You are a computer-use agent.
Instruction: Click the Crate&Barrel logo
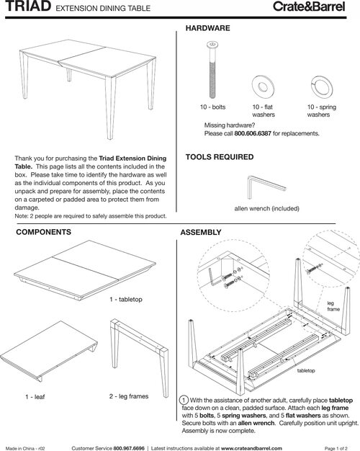(309, 6)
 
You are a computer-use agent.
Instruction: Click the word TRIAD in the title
(28, 6)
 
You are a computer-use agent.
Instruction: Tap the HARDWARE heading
(207, 28)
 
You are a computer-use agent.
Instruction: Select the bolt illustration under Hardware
(212, 70)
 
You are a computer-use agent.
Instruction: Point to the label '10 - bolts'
(213, 107)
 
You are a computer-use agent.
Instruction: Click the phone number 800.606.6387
(253, 133)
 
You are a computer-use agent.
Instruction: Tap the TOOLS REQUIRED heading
(220, 157)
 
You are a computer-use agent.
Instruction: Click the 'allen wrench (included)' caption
(267, 208)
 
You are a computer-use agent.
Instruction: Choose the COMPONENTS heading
(43, 232)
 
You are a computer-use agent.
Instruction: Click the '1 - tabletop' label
(126, 300)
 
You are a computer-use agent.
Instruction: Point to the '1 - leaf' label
(35, 397)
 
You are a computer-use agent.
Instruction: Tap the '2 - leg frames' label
(129, 396)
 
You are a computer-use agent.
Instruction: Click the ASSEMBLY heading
(201, 233)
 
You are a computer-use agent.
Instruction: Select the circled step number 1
(184, 400)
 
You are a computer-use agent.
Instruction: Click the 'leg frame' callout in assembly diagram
(333, 306)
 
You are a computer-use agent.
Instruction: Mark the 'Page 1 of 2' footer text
(336, 448)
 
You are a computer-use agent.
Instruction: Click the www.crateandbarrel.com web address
(251, 448)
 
